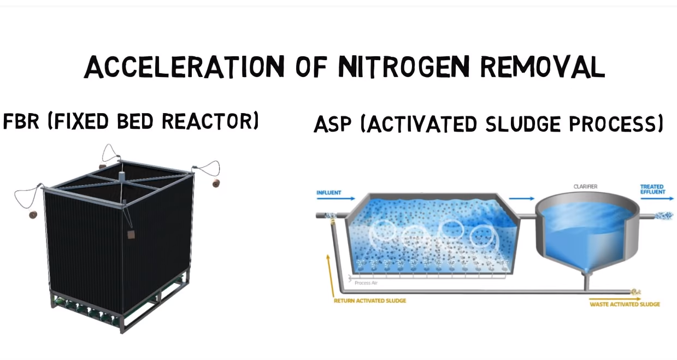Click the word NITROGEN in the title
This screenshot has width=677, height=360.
405,67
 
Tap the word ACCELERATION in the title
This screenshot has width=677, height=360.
184,67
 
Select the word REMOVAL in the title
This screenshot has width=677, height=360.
543,67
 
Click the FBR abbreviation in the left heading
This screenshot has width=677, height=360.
21,121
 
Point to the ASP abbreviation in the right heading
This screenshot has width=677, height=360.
332,124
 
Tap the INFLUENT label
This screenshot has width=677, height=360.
329,192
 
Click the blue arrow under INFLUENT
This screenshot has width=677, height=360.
336,199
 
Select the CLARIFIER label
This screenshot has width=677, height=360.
585,186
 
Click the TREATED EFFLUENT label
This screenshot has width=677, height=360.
653,189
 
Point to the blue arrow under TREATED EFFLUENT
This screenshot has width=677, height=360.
657,199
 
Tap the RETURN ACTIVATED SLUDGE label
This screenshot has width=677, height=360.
370,301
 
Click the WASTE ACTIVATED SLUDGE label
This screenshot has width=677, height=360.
625,304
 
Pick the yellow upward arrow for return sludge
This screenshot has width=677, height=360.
331,275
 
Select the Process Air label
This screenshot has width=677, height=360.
366,283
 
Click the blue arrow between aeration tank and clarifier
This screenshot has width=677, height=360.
522,199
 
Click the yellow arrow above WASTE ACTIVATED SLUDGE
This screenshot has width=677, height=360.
615,299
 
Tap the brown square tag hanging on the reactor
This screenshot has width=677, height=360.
131,234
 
